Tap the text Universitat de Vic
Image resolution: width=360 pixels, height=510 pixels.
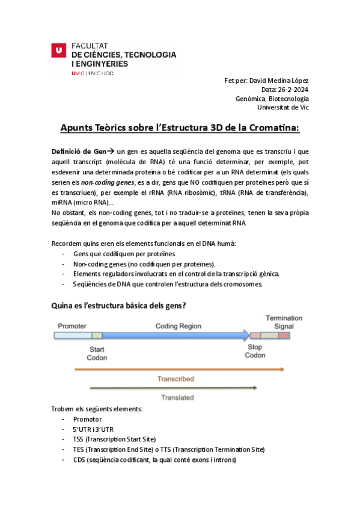pyautogui.click(x=283, y=108)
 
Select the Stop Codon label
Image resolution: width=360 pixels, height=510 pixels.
pyautogui.click(x=255, y=351)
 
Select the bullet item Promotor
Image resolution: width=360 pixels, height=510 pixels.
pyautogui.click(x=87, y=419)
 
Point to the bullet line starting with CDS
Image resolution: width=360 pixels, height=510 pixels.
pyautogui.click(x=154, y=460)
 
